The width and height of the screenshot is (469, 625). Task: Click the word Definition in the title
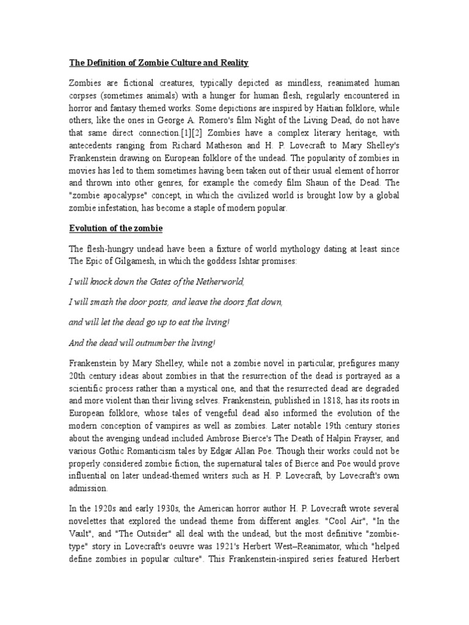[x=104, y=63]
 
